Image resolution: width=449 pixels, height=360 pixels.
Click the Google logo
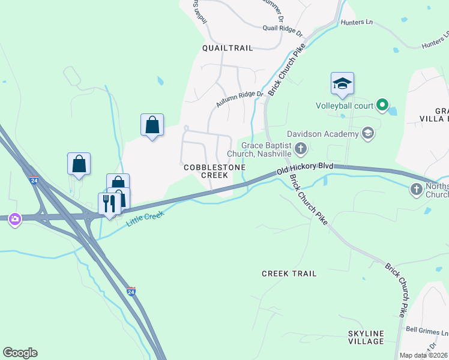[20, 353]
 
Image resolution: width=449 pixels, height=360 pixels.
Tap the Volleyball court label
[344, 106]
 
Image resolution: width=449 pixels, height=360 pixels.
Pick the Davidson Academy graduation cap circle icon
[368, 133]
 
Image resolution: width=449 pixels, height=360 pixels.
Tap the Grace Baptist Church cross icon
[301, 148]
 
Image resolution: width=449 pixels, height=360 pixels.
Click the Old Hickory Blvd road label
[304, 167]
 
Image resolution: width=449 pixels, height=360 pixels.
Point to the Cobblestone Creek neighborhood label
[206, 170]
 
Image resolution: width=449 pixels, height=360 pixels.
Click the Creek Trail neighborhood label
[289, 274]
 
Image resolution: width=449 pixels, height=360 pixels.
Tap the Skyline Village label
[366, 337]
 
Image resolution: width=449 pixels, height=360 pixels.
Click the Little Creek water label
[145, 218]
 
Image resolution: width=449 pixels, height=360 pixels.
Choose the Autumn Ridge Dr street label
[240, 100]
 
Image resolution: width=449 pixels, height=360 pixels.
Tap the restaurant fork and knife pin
[109, 203]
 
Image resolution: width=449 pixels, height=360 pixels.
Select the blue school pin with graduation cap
[342, 84]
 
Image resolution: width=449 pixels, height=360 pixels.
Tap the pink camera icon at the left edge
[14, 220]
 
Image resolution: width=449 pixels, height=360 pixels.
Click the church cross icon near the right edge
[416, 190]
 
